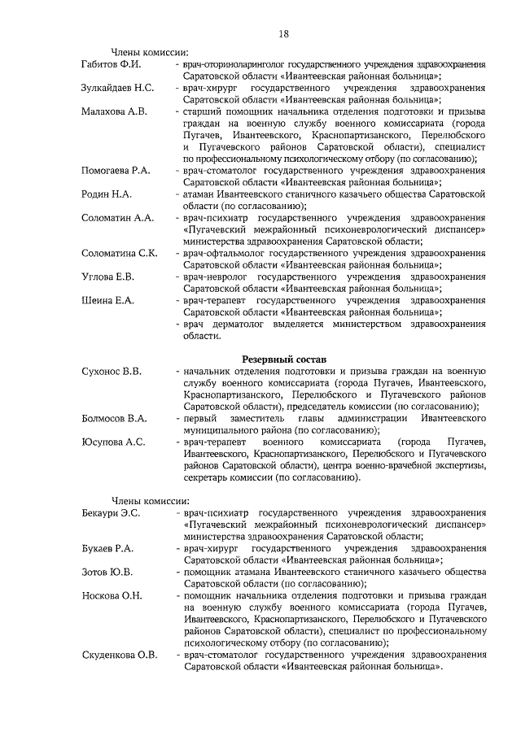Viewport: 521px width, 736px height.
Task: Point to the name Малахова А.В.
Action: [x=115, y=110]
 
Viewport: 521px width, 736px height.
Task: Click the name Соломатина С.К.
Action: [x=120, y=253]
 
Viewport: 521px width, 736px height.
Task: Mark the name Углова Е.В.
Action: [x=107, y=277]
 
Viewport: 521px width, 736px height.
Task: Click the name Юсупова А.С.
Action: [x=113, y=442]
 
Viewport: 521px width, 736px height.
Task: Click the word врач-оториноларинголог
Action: [x=239, y=63]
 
